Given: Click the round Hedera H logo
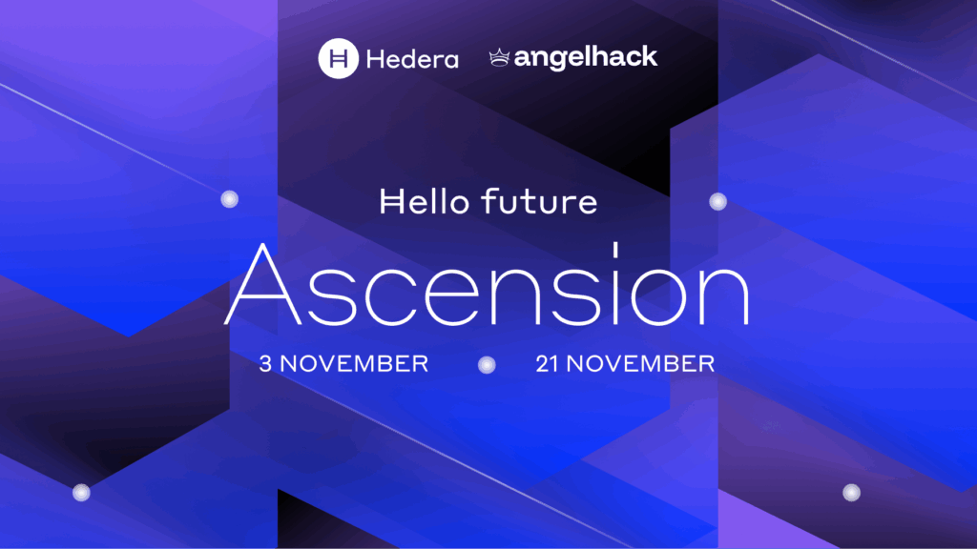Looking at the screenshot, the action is pos(339,58).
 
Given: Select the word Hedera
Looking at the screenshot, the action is pos(412,59).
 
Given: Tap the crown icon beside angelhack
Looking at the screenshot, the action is pos(499,58).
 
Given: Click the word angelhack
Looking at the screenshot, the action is pos(586,58).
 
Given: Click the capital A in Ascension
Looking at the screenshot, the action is pos(263,284).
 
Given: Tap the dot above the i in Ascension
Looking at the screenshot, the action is pos(615,250).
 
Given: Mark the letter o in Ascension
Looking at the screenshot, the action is pos(659,295).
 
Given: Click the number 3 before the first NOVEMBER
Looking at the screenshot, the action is pos(265,363).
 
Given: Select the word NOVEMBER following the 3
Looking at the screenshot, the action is pos(354,363).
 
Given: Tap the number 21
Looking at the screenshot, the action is pos(547,363).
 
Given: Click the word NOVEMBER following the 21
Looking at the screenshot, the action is pos(640,363).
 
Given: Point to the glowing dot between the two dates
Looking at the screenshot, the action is pos(487,365).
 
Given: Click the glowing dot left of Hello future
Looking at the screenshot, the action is pos(229,199).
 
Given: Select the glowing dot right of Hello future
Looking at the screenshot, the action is pos(717,201).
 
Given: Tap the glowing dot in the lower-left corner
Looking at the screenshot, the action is pos(81,493).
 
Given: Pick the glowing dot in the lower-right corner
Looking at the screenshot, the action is pos(851,493).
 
